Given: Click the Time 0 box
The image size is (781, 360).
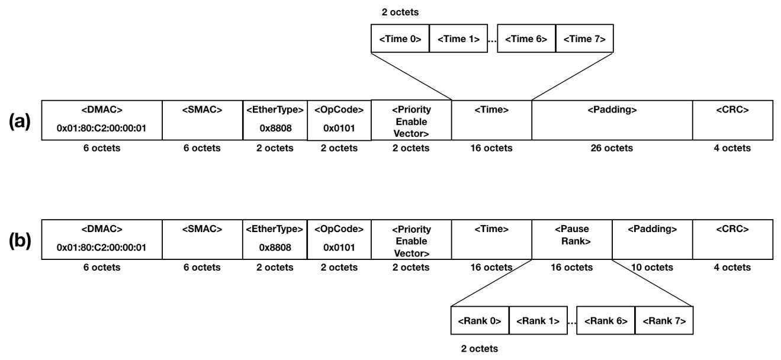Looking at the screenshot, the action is click(x=400, y=38).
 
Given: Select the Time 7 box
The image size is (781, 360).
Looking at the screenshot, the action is click(x=584, y=38).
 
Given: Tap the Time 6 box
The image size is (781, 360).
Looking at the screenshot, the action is click(x=526, y=38).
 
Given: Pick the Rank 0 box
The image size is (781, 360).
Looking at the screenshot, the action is click(x=480, y=320).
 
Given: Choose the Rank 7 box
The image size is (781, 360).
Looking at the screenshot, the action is click(x=664, y=320).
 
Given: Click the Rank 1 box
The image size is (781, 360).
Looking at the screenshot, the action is click(x=538, y=320).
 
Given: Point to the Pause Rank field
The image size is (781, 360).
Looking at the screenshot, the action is click(x=572, y=239).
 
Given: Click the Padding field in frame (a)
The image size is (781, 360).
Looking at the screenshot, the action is click(x=612, y=120).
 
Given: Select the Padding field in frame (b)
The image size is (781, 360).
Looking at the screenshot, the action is click(x=653, y=239).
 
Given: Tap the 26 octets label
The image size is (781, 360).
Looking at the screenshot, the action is click(x=612, y=148).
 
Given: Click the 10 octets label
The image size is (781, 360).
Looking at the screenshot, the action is click(x=652, y=267).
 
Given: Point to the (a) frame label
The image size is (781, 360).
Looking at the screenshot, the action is click(x=20, y=121).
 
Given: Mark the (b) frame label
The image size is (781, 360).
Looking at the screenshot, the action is click(x=20, y=241).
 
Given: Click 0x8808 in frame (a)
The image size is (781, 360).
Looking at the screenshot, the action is click(x=275, y=128).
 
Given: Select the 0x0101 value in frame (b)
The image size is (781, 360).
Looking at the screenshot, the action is click(x=339, y=247).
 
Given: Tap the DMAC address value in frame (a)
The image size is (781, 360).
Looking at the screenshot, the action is click(x=101, y=128).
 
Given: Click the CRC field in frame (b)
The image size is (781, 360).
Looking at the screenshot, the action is click(x=732, y=239).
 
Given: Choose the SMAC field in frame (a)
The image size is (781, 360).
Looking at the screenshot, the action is click(x=203, y=120).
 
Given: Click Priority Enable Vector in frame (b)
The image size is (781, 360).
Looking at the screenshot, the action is click(x=412, y=241).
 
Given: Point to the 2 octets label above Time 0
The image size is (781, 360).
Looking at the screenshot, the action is click(x=400, y=12).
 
